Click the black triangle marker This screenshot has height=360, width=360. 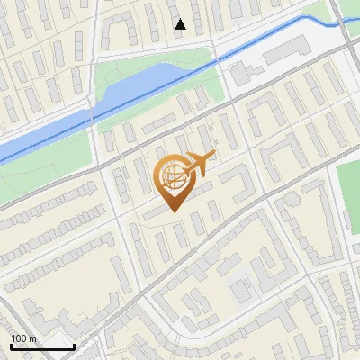click(180, 24)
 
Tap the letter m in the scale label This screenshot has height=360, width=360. click(34, 338)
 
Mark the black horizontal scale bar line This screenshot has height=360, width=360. click(41, 346)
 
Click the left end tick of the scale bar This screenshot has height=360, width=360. click(11, 345)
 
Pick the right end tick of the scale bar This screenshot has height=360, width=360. click(73, 345)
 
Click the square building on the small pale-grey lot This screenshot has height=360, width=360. click(240, 292)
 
